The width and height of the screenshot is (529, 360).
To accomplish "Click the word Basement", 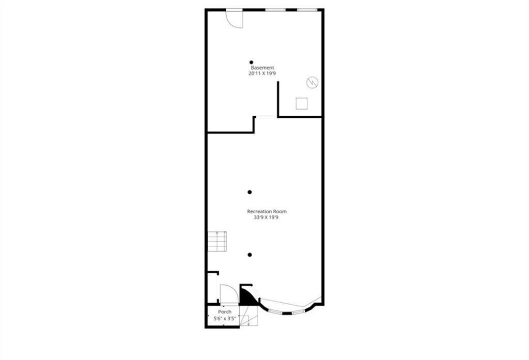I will [262, 68].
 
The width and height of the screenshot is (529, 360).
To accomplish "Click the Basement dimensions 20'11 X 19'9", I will [262, 74].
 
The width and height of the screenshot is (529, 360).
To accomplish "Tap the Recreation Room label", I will [267, 211].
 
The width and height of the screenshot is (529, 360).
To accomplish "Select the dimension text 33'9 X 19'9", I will [267, 217].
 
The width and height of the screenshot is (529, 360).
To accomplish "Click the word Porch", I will [225, 312].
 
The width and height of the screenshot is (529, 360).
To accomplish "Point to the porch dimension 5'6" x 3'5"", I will [225, 319].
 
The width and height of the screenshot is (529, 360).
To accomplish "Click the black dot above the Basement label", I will [252, 62].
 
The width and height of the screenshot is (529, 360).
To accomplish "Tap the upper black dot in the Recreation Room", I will [250, 192].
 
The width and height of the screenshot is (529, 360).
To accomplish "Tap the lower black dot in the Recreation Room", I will [250, 255].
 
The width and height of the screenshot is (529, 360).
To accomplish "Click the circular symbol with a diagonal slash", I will [312, 82].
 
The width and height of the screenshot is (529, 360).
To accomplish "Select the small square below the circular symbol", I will [302, 103].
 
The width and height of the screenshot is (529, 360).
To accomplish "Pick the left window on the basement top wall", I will [276, 10].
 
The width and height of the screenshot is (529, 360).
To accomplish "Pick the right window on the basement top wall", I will [307, 10].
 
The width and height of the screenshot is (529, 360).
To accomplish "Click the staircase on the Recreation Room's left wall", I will [217, 241].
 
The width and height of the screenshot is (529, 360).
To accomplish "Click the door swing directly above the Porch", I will [228, 294].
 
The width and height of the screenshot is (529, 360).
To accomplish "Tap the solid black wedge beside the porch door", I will [247, 296].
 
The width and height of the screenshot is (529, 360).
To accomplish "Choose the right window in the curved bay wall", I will [299, 312].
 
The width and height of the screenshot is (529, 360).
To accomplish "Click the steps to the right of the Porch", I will [250, 320].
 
